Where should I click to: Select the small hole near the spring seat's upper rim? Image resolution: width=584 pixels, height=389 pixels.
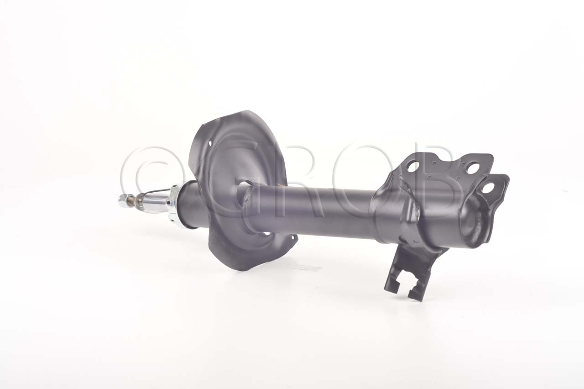(210, 143)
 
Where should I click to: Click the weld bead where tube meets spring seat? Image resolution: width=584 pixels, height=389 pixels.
(247, 199)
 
